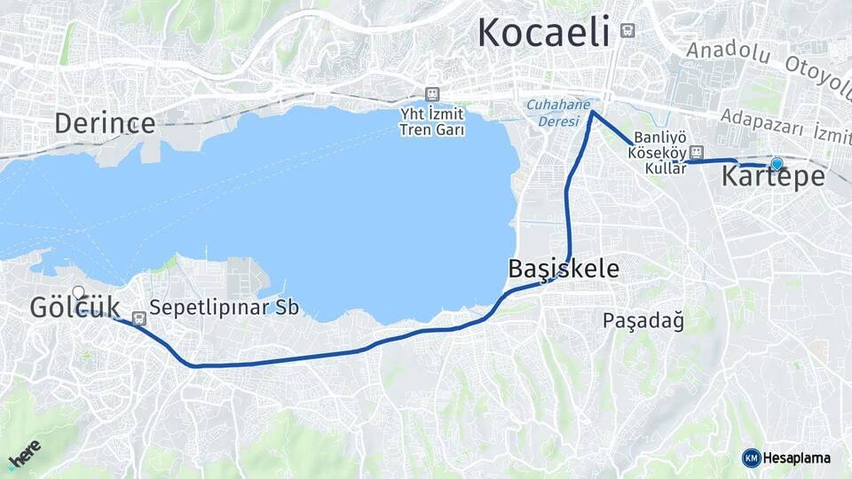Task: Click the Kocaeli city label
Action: [544, 33]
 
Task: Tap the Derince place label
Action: [105, 123]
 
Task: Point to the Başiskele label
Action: [564, 269]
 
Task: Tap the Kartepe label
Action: [772, 177]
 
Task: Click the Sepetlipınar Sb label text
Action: [225, 308]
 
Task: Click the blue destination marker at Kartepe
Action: [777, 163]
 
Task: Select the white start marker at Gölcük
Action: [78, 292]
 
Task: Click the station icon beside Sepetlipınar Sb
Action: [138, 318]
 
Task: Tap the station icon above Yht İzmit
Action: [432, 93]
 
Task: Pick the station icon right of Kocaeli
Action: [628, 30]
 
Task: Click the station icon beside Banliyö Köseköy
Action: [697, 152]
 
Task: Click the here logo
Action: [25, 453]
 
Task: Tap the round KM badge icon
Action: [751, 458]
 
